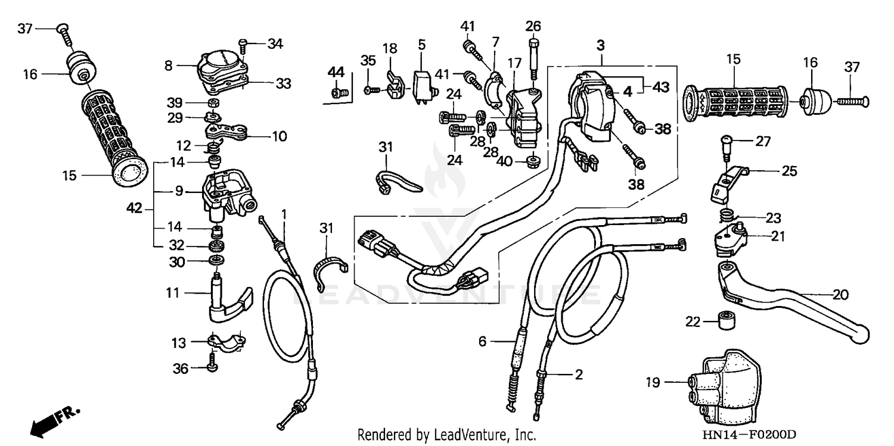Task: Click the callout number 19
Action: tap(653, 382)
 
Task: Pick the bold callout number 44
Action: tap(336, 72)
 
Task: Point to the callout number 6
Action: tap(483, 341)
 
